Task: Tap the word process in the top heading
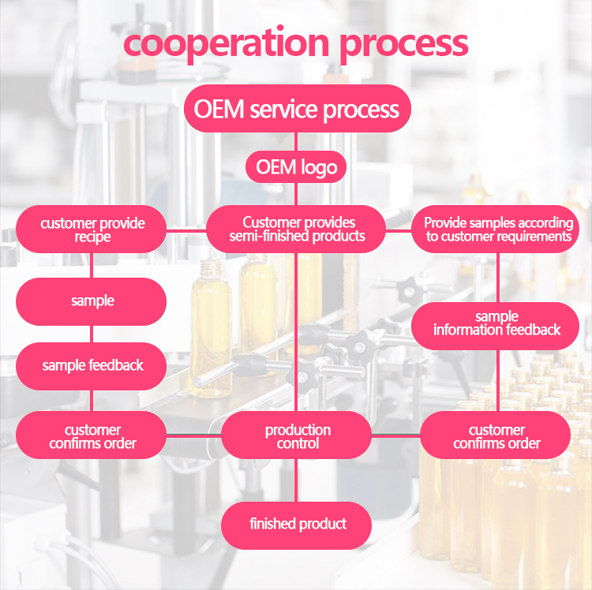tap(403, 44)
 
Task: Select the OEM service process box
tap(297, 109)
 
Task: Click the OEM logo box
tap(296, 166)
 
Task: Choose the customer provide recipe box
tap(92, 230)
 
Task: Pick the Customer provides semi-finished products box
tap(297, 230)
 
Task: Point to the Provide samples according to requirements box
tap(497, 230)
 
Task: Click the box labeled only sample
tap(92, 301)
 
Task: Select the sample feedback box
tap(92, 365)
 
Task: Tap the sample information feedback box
tap(496, 324)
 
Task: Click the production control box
tap(297, 436)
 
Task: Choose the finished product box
tap(297, 525)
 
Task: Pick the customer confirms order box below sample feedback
tap(92, 436)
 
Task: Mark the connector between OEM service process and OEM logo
tap(297, 141)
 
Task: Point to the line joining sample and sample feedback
tap(92, 334)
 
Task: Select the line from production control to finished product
tap(297, 481)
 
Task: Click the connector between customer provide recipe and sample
tap(92, 266)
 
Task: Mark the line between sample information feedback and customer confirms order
tap(497, 380)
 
